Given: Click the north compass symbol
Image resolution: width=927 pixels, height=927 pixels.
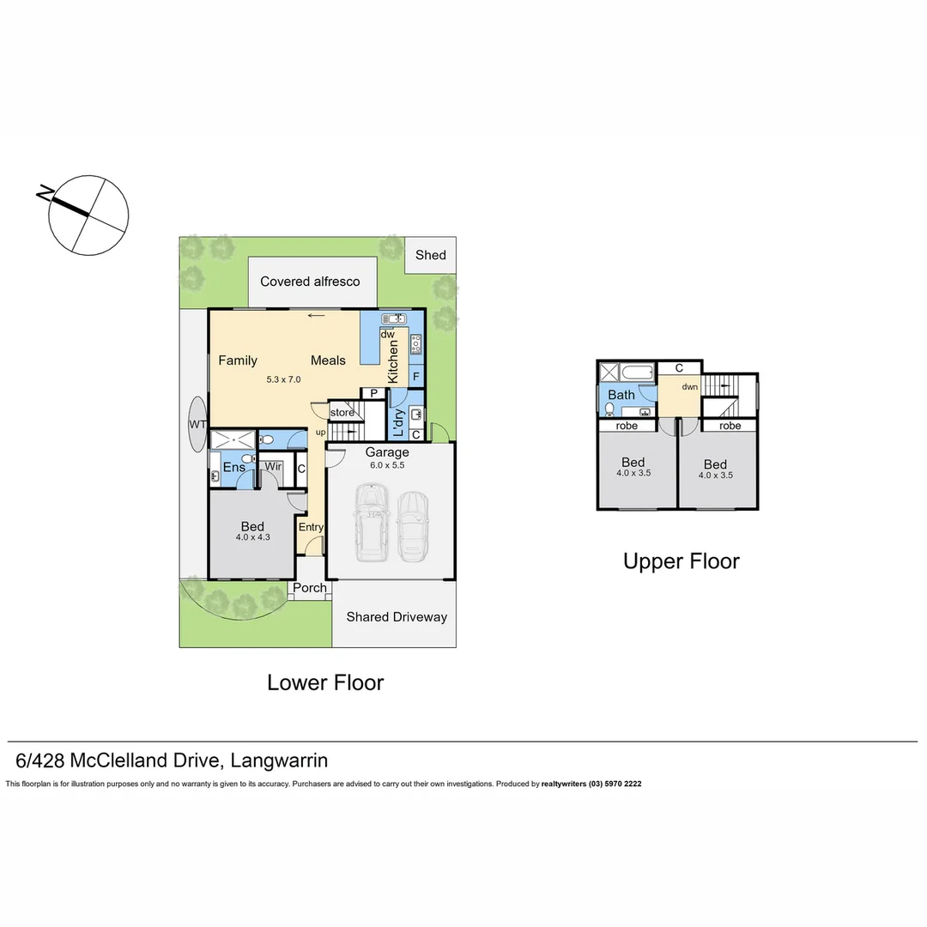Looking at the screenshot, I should point(88,215).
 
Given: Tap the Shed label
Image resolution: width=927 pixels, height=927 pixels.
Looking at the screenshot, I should point(431,255).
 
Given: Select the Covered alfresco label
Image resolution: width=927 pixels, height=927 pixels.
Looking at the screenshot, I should point(310,282).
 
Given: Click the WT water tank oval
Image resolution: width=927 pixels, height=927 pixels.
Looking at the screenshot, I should point(197,424).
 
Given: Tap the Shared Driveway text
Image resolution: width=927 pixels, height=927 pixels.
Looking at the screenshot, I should point(397,616).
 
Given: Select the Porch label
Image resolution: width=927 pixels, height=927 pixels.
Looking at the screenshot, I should point(310,588).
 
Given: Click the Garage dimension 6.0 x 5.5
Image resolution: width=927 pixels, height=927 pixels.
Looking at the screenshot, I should point(386,464).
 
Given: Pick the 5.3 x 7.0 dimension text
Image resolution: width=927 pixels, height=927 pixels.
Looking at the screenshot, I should point(283,379).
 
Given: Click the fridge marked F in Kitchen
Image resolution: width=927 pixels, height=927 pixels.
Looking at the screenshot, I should point(415,376).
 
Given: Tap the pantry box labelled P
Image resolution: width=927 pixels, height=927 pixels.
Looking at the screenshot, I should point(374,393).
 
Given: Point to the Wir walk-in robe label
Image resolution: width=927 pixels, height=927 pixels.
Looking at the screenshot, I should point(273,467).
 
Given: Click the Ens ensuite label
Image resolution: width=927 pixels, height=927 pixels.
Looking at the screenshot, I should point(233,467).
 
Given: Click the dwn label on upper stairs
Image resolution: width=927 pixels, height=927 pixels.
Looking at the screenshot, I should point(689,387).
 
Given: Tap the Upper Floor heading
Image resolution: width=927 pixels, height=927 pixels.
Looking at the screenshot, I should point(681,561).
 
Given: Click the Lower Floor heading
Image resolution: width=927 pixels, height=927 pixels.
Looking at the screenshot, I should point(325,682).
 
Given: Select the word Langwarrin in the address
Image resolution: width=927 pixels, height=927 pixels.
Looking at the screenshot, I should point(280,760).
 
